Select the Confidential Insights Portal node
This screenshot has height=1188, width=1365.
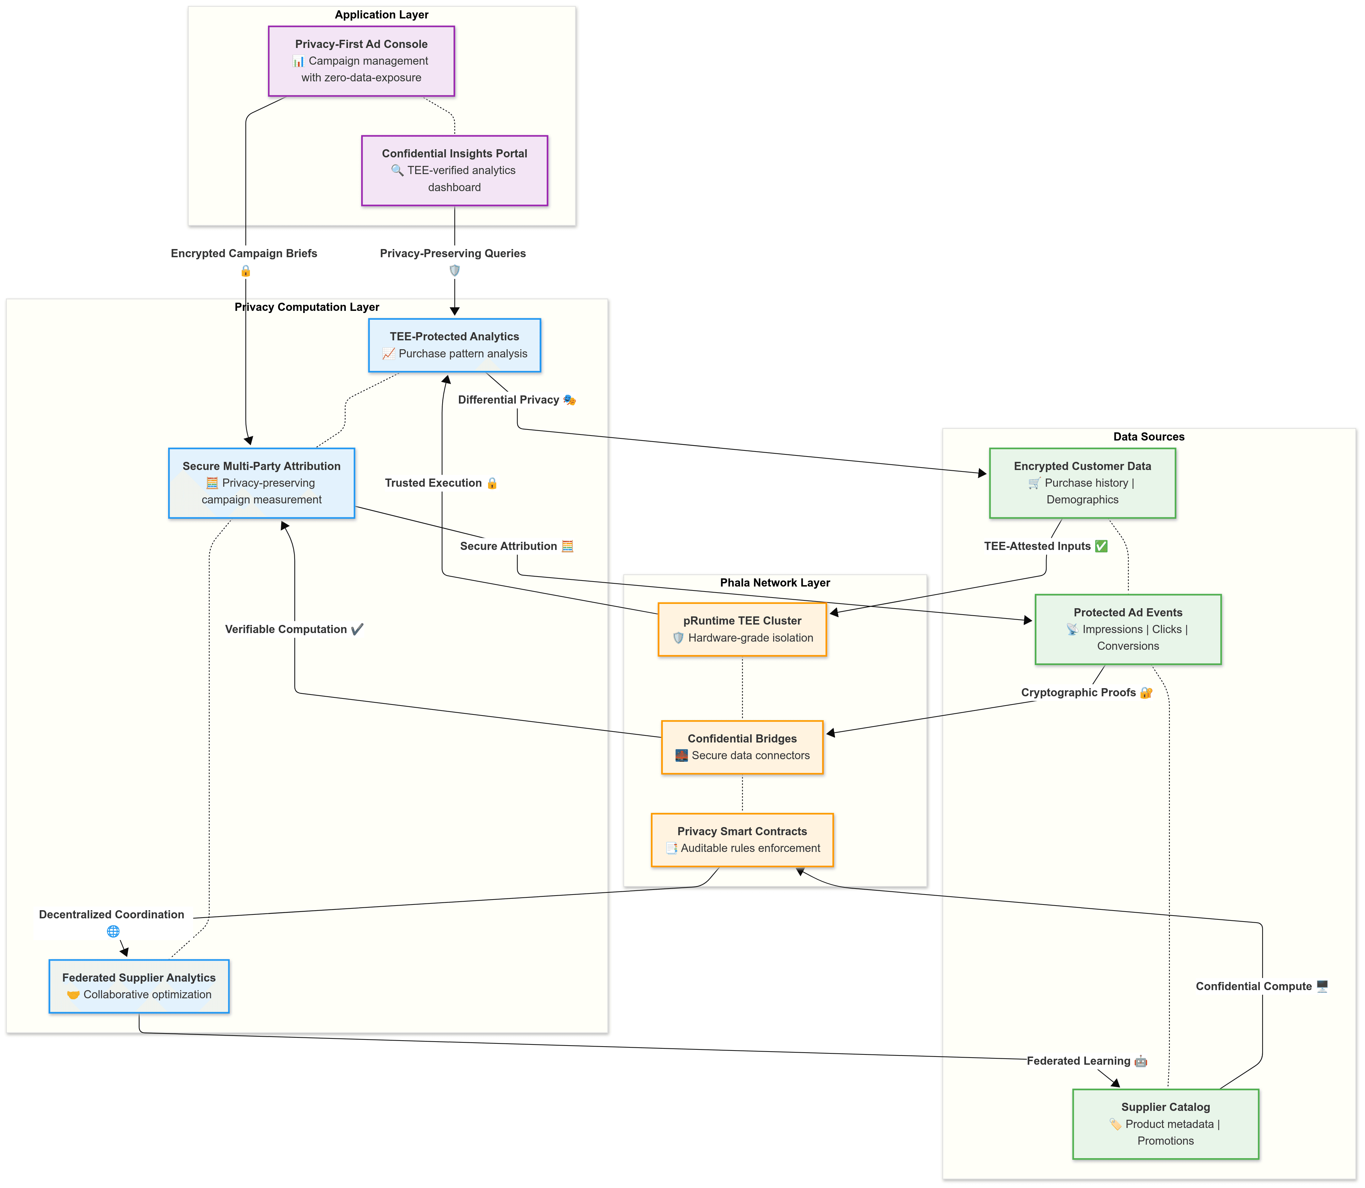tap(454, 171)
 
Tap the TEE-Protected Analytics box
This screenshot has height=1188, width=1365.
tap(454, 345)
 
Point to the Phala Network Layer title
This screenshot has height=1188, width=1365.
tap(775, 583)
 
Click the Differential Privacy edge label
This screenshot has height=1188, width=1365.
tap(509, 400)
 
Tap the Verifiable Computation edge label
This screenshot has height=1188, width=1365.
tap(286, 629)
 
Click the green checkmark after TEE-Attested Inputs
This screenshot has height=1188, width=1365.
tap(1101, 546)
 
